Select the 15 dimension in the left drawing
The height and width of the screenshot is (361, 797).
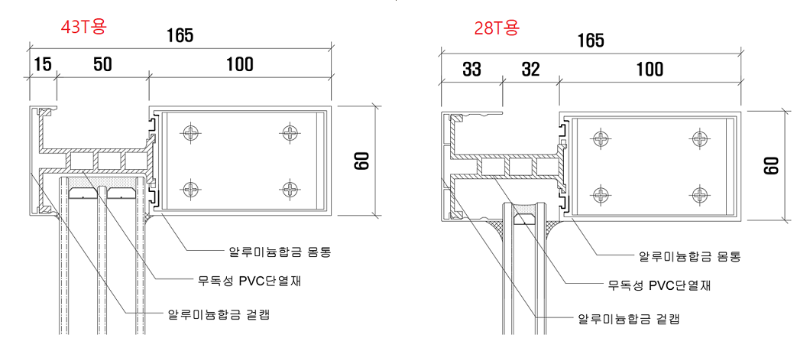[42, 65]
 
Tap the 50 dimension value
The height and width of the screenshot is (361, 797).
[102, 65]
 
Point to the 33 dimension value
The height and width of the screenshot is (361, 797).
[471, 70]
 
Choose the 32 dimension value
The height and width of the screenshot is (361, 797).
[530, 70]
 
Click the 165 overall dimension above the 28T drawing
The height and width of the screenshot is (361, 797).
[591, 40]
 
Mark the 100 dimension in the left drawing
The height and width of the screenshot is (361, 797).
[239, 65]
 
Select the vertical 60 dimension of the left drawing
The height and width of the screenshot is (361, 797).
[362, 161]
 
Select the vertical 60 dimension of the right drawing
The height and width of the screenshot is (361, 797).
[772, 165]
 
